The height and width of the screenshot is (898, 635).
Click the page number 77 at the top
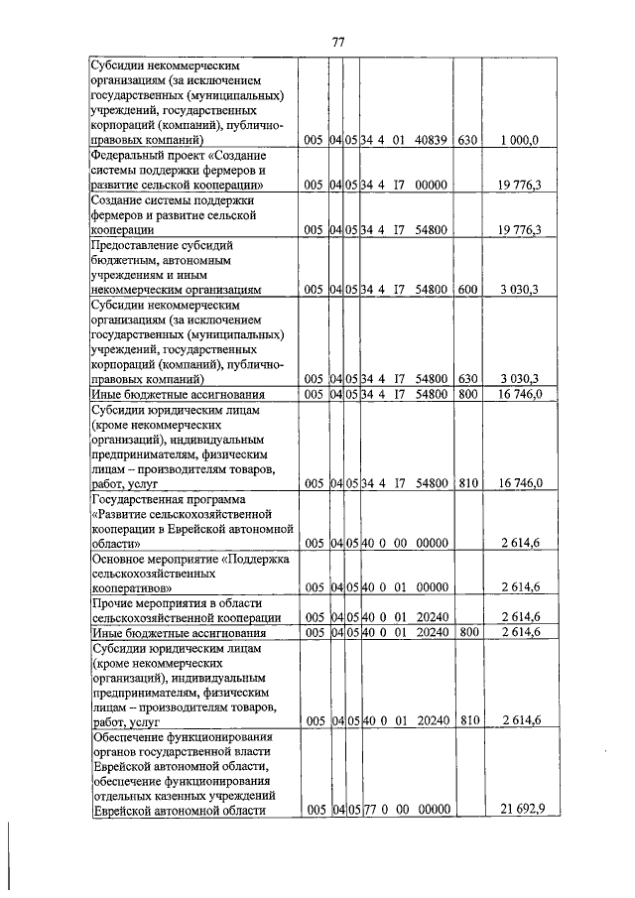pyautogui.click(x=337, y=41)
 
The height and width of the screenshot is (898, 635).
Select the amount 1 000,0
pyautogui.click(x=519, y=142)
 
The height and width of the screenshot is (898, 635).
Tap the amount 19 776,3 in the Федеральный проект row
pyautogui.click(x=519, y=186)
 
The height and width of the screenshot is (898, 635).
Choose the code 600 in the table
pyautogui.click(x=466, y=290)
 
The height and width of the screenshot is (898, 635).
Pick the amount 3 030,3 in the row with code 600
pyautogui.click(x=519, y=290)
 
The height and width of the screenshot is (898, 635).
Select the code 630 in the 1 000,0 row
pyautogui.click(x=466, y=142)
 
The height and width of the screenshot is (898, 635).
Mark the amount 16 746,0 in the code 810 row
pyautogui.click(x=519, y=483)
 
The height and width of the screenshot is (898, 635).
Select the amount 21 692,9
pyautogui.click(x=519, y=811)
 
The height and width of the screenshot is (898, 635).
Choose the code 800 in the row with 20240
pyautogui.click(x=466, y=632)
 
